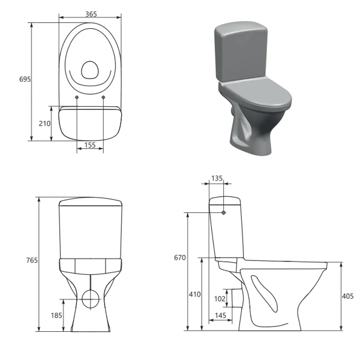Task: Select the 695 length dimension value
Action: (25, 79)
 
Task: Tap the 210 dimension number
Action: (44, 123)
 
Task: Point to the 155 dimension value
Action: (90, 145)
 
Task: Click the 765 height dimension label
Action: (32, 260)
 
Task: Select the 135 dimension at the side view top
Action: (217, 178)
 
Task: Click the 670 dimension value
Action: (179, 258)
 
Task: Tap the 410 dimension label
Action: (194, 295)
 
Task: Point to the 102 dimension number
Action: (220, 298)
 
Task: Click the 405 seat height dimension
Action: (347, 296)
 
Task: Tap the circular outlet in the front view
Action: (90, 297)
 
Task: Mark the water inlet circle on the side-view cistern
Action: (224, 212)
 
